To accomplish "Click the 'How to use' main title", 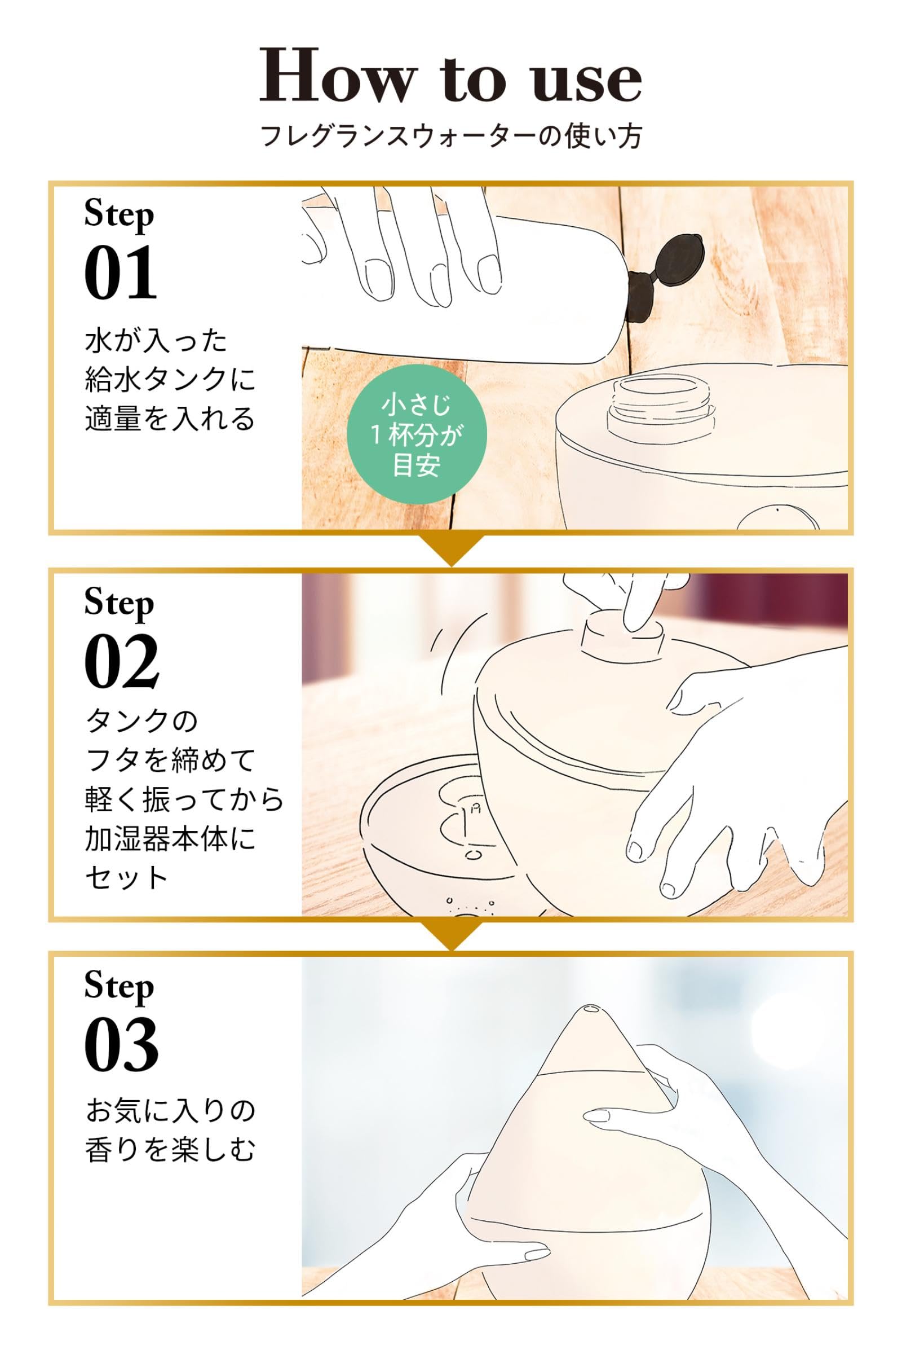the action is coord(450,76).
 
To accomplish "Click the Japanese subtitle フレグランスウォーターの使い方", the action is coord(451,137).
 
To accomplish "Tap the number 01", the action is coord(121,272).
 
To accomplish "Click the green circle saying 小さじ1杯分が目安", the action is coord(417,434).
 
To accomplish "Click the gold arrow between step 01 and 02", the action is coord(451,549).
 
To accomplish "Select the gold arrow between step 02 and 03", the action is coord(451,935).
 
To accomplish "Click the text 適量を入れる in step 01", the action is coord(170,419).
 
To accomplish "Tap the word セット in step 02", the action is coord(126,878).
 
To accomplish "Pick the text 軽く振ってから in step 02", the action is coord(184,799).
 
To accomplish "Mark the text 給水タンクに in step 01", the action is coord(170,379).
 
